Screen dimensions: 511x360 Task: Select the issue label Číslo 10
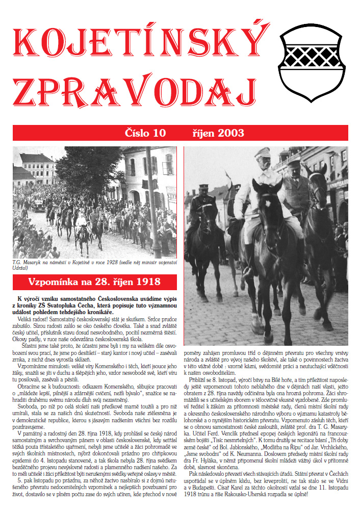pos(145,134)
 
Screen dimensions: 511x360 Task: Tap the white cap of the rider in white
pos(262,152)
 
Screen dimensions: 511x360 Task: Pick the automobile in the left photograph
pos(39,205)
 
